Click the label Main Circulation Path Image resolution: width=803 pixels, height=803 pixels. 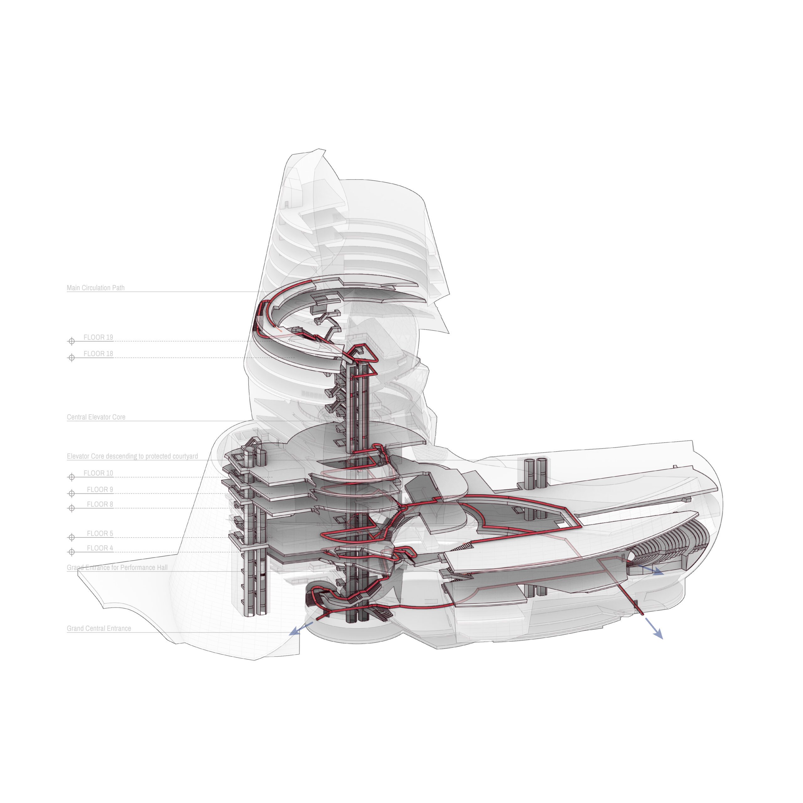click(96, 288)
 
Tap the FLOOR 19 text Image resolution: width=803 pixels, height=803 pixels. click(98, 337)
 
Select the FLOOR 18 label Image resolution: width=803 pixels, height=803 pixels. click(98, 354)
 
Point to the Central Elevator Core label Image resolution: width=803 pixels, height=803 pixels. click(96, 417)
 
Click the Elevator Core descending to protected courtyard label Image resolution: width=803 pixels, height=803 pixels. click(132, 456)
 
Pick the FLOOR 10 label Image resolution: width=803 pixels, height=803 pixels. click(98, 473)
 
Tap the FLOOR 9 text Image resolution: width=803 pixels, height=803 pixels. click(100, 489)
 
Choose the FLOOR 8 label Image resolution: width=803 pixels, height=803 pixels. click(100, 504)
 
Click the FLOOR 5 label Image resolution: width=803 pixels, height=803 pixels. click(100, 533)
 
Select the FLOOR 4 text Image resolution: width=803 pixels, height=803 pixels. click(100, 548)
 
